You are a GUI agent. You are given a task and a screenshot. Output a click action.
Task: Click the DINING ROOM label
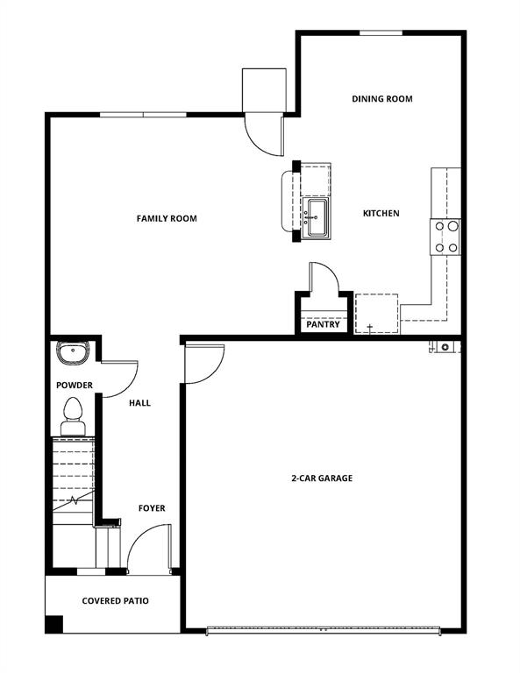[381, 99]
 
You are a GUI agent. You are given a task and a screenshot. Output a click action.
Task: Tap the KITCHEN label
[381, 213]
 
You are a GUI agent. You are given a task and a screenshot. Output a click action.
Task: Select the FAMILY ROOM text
[167, 218]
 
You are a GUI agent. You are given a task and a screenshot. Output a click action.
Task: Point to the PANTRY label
[323, 324]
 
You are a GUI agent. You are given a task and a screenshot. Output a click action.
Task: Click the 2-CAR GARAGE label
[322, 478]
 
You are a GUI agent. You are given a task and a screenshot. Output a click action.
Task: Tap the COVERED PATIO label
[115, 601]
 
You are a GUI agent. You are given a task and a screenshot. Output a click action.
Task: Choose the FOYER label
[152, 508]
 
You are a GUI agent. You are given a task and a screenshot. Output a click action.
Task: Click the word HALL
[139, 403]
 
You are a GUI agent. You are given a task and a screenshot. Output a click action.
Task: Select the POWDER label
[75, 386]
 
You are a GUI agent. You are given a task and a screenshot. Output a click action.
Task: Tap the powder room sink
[71, 352]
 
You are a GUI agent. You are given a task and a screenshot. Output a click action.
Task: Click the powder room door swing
[120, 378]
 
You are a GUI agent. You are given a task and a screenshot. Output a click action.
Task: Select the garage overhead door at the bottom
[322, 629]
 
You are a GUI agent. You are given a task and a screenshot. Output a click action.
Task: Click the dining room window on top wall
[381, 33]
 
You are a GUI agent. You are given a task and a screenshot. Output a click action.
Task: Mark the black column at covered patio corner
[54, 625]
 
